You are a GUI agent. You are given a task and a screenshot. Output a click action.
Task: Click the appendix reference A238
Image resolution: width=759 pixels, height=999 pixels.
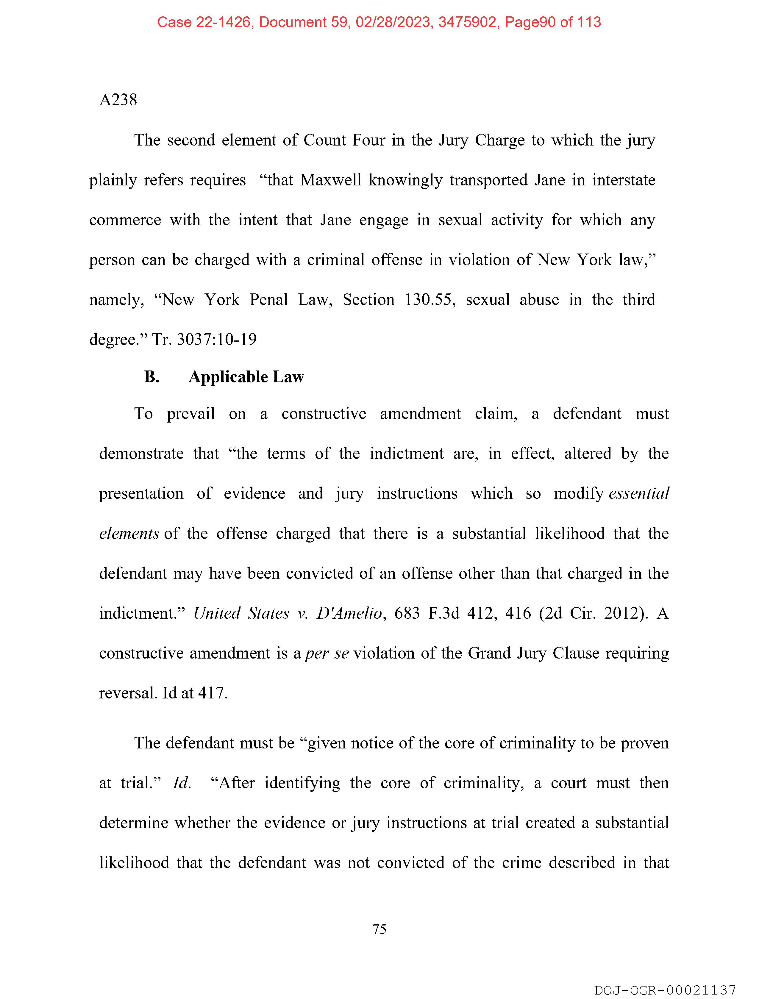118,100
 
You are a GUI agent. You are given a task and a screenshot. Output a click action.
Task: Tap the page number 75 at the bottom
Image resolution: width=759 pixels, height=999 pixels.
379,929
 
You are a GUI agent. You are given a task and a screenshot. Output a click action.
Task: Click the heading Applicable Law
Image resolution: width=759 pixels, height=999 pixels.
246,377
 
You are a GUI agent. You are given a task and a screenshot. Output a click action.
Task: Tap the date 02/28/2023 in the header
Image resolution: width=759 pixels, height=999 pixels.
393,22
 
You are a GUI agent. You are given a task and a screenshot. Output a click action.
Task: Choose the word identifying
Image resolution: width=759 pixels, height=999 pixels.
302,783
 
